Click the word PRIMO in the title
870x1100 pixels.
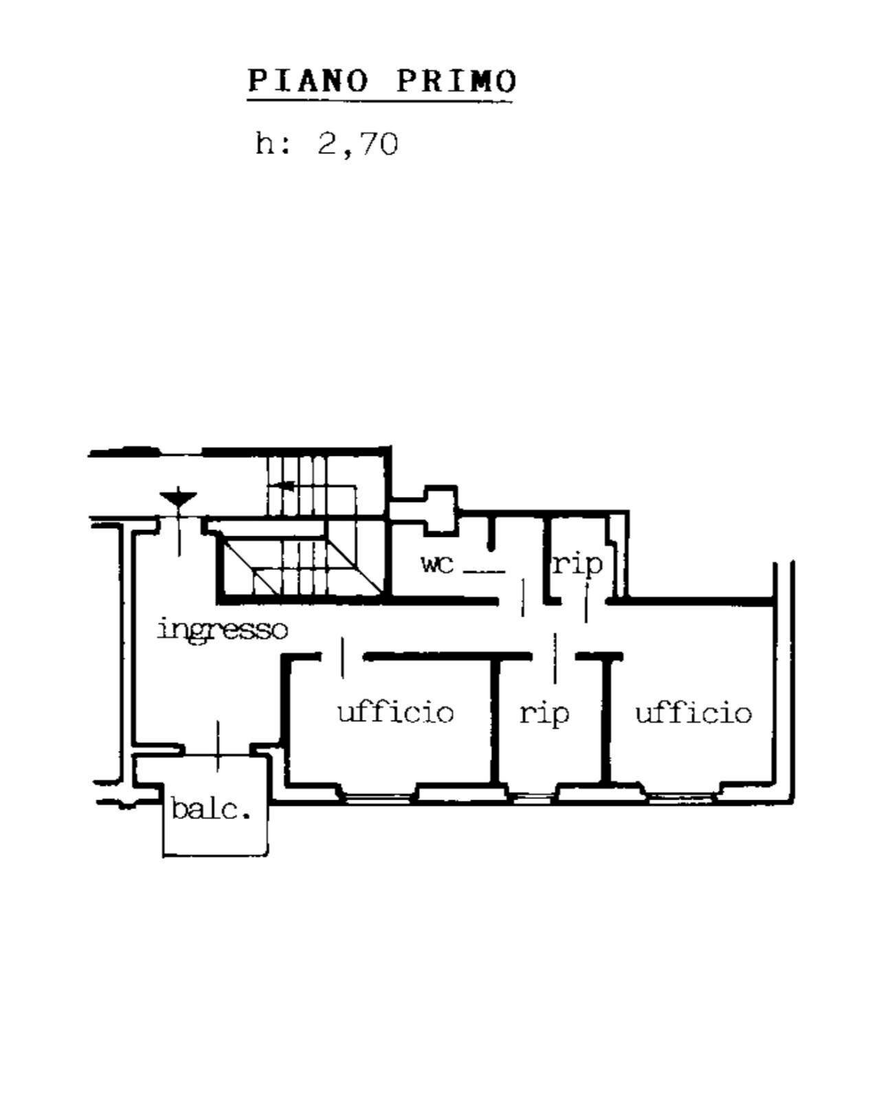(x=456, y=81)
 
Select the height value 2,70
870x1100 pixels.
(x=357, y=145)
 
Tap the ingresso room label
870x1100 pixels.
(x=222, y=629)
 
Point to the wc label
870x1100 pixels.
(x=438, y=564)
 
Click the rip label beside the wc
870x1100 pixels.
(x=577, y=564)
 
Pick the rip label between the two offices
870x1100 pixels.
(x=544, y=712)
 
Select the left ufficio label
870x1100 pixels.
(x=396, y=712)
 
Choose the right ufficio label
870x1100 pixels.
(x=693, y=712)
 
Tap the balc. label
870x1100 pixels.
(x=210, y=809)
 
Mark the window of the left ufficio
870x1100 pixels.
(x=379, y=797)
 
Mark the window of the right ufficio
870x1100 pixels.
(x=681, y=797)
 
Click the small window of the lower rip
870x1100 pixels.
(x=533, y=798)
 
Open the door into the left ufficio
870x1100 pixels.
(x=342, y=657)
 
